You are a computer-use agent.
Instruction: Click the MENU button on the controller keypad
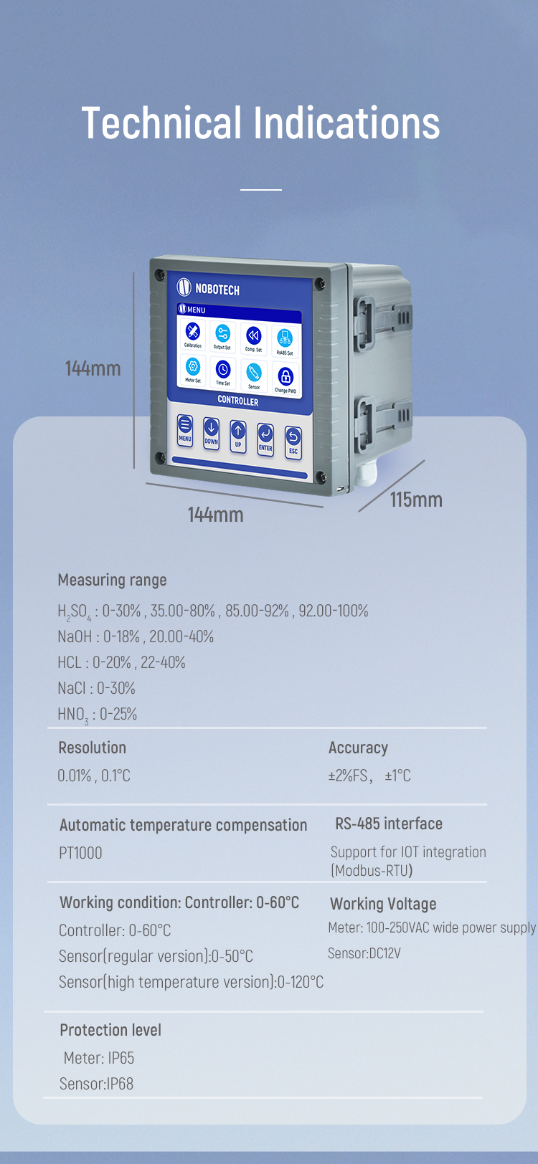[x=184, y=430]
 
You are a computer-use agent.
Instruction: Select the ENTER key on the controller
[x=265, y=439]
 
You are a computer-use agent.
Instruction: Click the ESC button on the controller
[x=293, y=443]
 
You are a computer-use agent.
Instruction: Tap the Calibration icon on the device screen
[x=192, y=334]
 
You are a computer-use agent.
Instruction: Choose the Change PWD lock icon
[x=285, y=378]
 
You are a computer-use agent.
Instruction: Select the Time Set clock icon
[x=222, y=372]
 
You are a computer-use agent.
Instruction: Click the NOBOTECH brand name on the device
[x=217, y=289]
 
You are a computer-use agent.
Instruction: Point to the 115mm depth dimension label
[x=416, y=500]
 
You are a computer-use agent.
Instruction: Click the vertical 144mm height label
[x=93, y=368]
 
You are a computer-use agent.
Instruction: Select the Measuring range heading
[x=113, y=580]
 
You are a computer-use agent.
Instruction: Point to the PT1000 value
[x=80, y=853]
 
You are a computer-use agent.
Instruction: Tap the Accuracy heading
[x=358, y=748]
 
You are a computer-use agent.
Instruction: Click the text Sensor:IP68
[x=96, y=1084]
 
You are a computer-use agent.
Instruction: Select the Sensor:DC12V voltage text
[x=364, y=953]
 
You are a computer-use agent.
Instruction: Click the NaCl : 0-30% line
[x=96, y=688]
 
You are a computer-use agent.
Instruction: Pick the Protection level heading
[x=110, y=1030]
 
